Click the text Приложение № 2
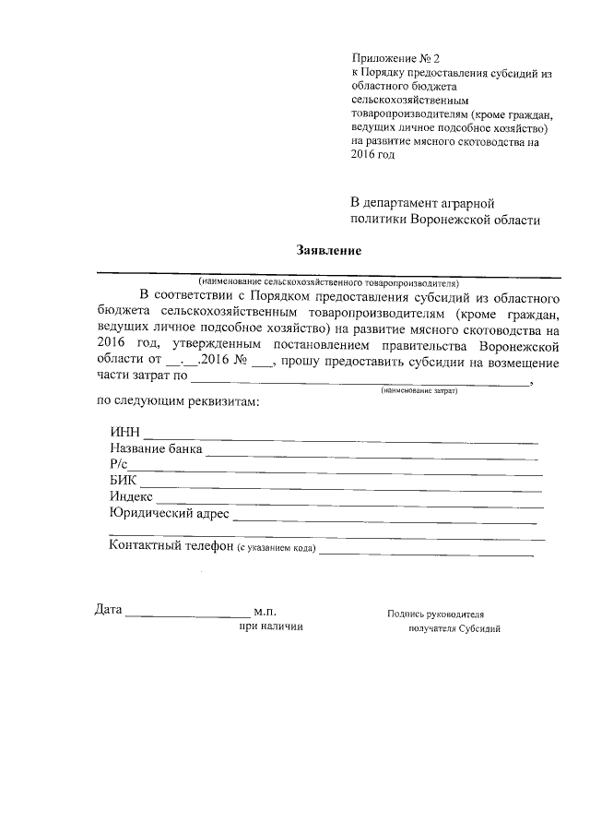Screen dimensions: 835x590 [x=396, y=57]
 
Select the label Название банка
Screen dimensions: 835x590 [x=155, y=449]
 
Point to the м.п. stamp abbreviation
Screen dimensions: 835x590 [x=265, y=612]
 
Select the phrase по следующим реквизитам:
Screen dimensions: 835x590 [x=178, y=402]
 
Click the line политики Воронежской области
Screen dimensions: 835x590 [x=445, y=220]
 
